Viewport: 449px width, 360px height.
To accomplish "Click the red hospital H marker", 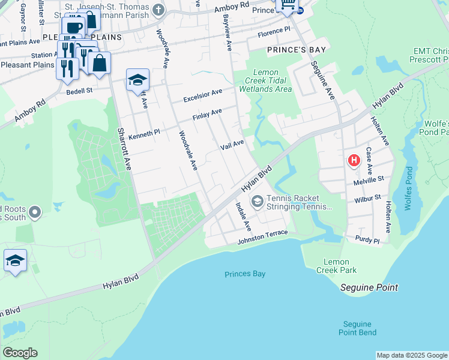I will (x=354, y=160).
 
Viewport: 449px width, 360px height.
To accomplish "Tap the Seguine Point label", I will (x=369, y=287).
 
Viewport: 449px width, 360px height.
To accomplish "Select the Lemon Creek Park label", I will (x=340, y=266).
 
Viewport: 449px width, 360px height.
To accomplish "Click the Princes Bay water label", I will (x=245, y=274).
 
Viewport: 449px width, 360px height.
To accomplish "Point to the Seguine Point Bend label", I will (x=357, y=328).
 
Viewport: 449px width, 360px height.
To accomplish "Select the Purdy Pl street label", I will (x=367, y=241).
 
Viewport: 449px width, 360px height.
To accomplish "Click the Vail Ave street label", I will (x=232, y=145).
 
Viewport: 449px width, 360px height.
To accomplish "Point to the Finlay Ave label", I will (x=207, y=114).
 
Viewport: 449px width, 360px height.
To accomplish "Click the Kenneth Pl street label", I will (x=144, y=133).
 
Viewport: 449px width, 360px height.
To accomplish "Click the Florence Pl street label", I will (x=274, y=29).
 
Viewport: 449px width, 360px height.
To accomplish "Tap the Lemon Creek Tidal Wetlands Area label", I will (x=265, y=80).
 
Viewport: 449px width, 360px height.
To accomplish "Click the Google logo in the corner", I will (x=19, y=353).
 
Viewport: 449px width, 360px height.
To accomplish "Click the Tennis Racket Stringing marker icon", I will (x=258, y=202).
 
